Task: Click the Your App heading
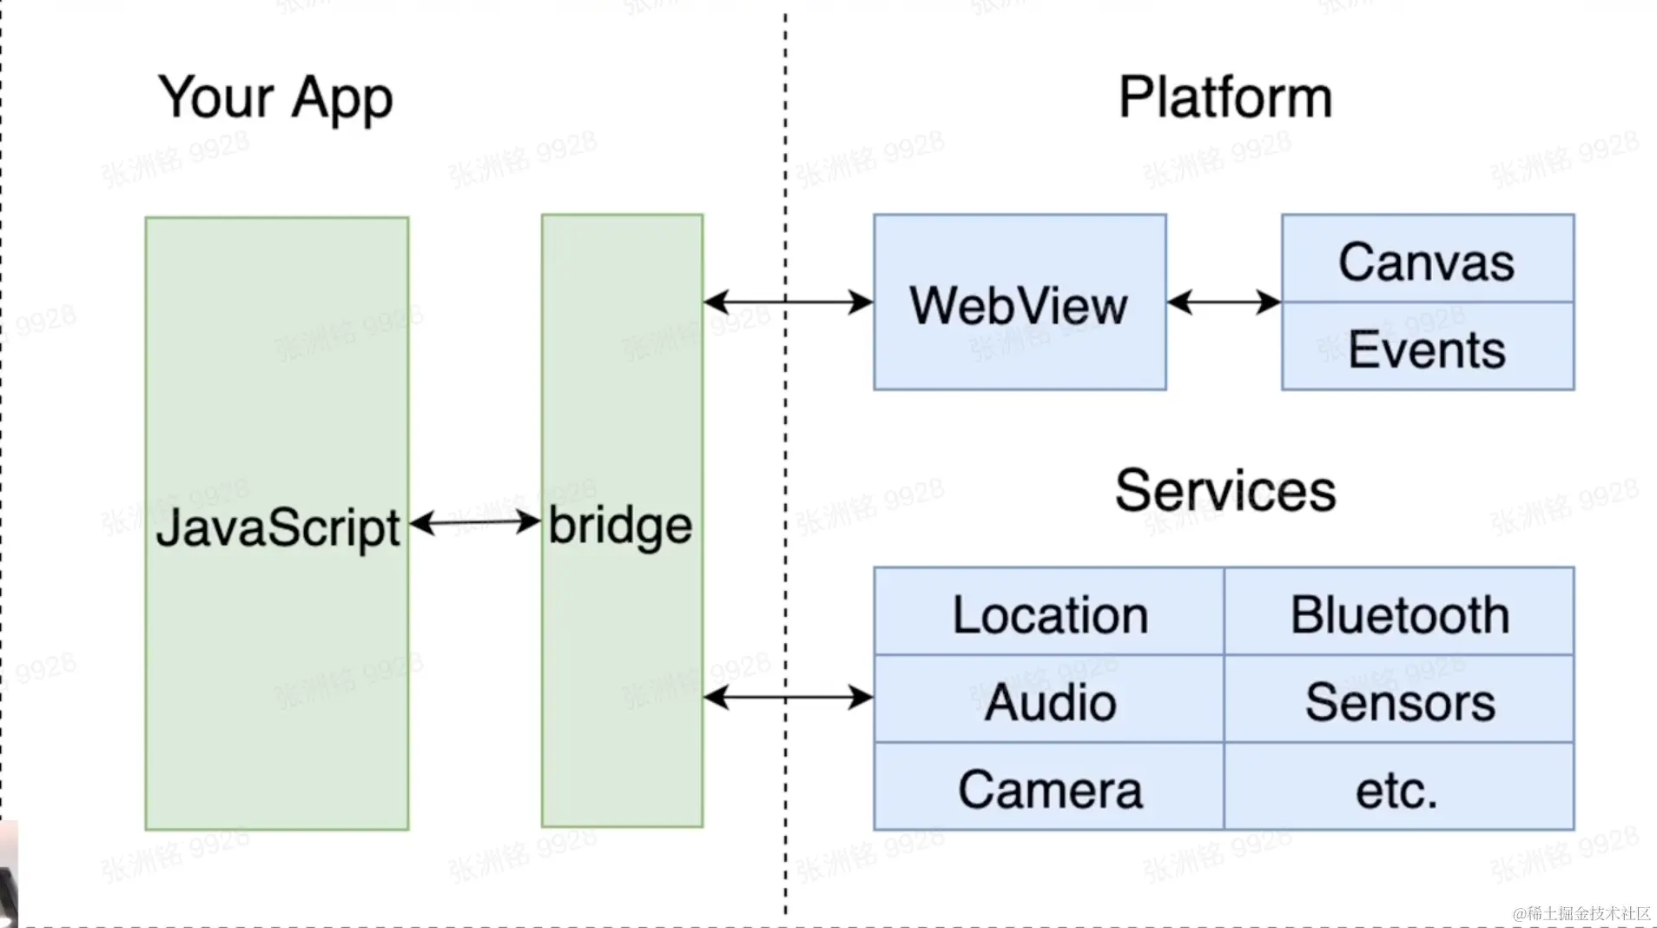pyautogui.click(x=275, y=97)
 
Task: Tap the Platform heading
pyautogui.click(x=1225, y=97)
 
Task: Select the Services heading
pyautogui.click(x=1225, y=491)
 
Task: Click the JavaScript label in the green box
pyautogui.click(x=278, y=527)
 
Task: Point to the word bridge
pyautogui.click(x=620, y=527)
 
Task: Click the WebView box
pyautogui.click(x=1020, y=303)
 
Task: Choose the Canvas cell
pyautogui.click(x=1427, y=261)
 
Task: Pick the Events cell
pyautogui.click(x=1427, y=348)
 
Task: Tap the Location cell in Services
pyautogui.click(x=1049, y=613)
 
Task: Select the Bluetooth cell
pyautogui.click(x=1399, y=613)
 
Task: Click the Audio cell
pyautogui.click(x=1049, y=701)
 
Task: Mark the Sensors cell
pyautogui.click(x=1399, y=701)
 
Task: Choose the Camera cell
pyautogui.click(x=1049, y=789)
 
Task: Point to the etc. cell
pyautogui.click(x=1397, y=789)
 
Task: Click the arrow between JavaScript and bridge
pyautogui.click(x=475, y=522)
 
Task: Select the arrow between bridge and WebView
pyautogui.click(x=788, y=302)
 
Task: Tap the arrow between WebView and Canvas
pyautogui.click(x=1224, y=302)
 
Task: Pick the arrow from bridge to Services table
pyautogui.click(x=788, y=697)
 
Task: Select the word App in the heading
pyautogui.click(x=342, y=97)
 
